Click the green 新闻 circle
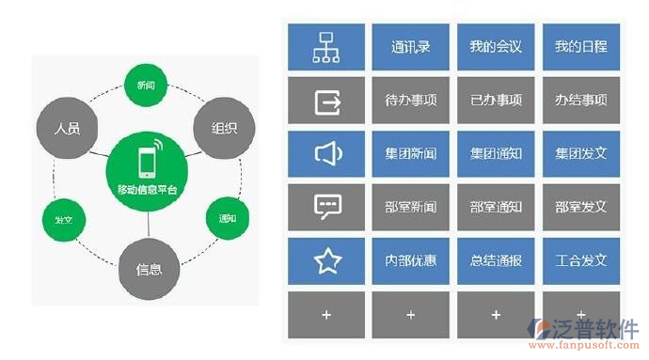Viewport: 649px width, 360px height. [146, 85]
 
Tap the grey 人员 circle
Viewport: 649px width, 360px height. [68, 128]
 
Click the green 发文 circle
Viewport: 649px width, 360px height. [64, 219]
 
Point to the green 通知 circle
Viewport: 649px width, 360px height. [226, 218]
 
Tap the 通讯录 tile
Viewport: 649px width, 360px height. [410, 46]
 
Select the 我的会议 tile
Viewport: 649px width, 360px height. [496, 46]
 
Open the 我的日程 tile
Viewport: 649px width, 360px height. [580, 46]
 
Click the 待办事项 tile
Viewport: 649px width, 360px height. [410, 100]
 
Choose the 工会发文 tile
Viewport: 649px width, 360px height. [580, 260]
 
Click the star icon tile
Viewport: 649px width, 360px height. [326, 260]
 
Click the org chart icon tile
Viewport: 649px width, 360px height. [326, 46]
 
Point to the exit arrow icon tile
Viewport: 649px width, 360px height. [326, 100]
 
